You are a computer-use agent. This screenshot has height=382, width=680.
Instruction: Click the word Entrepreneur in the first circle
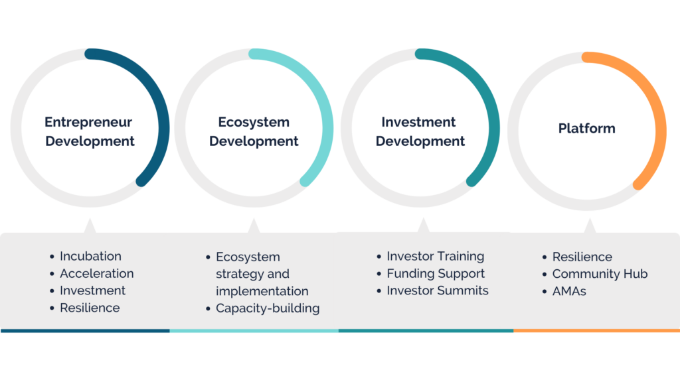click(88, 122)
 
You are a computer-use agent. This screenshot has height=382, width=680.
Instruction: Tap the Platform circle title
click(587, 128)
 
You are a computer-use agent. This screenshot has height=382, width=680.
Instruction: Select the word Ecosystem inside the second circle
click(254, 122)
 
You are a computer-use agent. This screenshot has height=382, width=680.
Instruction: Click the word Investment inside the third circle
click(418, 122)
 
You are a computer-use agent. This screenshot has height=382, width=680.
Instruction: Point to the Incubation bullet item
click(90, 256)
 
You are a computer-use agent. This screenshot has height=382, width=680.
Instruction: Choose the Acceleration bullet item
click(97, 273)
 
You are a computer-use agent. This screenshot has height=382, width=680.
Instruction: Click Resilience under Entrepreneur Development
click(90, 308)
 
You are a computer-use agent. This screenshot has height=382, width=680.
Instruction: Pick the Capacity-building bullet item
click(268, 308)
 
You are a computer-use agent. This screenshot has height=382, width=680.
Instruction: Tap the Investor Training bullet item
click(436, 257)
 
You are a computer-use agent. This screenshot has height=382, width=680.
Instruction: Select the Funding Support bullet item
click(436, 274)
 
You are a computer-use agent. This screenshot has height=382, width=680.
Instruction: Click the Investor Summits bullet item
click(438, 290)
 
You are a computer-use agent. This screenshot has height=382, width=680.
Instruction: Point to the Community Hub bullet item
click(600, 274)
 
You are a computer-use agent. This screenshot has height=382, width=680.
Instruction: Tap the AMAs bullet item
click(569, 291)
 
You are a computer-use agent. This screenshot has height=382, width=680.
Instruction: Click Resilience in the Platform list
click(582, 257)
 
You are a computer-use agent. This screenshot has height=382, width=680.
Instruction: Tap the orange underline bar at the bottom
click(597, 330)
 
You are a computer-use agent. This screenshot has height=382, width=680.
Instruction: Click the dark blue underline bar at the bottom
click(85, 330)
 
